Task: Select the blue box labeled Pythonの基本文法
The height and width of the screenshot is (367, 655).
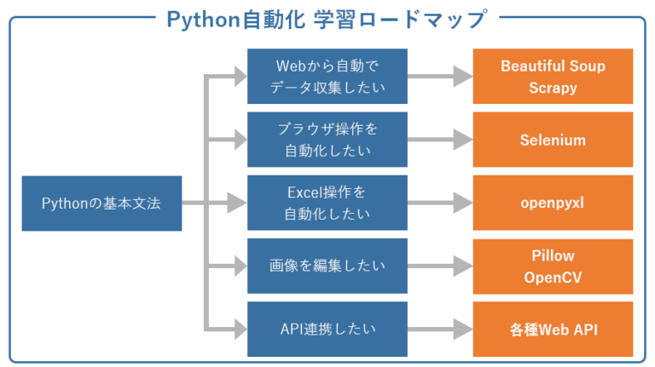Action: [101, 204]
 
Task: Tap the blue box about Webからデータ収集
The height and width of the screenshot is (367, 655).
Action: [327, 77]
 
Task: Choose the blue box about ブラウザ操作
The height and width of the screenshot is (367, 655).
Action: [327, 140]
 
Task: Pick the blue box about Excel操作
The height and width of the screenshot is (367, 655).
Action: [327, 204]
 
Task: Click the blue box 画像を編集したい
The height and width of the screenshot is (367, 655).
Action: [327, 267]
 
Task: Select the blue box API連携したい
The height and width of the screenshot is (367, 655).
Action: [327, 329]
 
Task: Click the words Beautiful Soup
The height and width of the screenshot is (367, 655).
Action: [553, 66]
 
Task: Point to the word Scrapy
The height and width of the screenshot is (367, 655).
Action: [553, 87]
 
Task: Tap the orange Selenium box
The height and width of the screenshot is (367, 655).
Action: [553, 140]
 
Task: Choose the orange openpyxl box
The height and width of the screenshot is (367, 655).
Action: [553, 204]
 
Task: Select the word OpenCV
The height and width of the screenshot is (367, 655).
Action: [553, 277]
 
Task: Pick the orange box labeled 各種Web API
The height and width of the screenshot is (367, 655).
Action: [553, 329]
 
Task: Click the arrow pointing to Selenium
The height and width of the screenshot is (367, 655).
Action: [440, 140]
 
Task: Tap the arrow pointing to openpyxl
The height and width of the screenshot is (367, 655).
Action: [440, 204]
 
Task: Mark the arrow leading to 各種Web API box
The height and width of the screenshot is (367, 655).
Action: [440, 329]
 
